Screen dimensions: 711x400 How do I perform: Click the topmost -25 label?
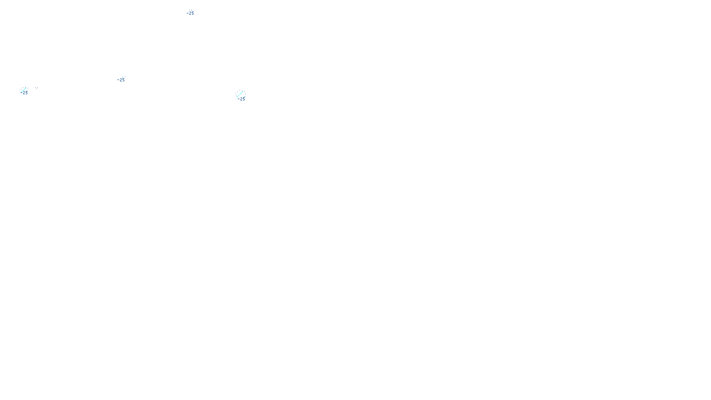coord(190,13)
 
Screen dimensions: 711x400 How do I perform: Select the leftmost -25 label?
coord(24,93)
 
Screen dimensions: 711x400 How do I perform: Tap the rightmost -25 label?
coord(241,99)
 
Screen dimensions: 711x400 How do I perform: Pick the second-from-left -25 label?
coord(121,80)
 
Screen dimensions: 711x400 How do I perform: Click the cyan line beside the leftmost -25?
coord(23,90)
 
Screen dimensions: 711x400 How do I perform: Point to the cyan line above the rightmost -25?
coord(240,94)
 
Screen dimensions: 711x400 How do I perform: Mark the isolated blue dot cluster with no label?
coord(37,88)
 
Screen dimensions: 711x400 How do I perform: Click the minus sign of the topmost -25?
coord(188,13)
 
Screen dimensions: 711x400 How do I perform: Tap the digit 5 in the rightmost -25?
coord(243,99)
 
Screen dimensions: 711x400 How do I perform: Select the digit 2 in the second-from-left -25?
coord(120,80)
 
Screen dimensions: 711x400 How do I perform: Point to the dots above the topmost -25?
coord(190,10)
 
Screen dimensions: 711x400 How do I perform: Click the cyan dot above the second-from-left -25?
coord(123,76)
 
